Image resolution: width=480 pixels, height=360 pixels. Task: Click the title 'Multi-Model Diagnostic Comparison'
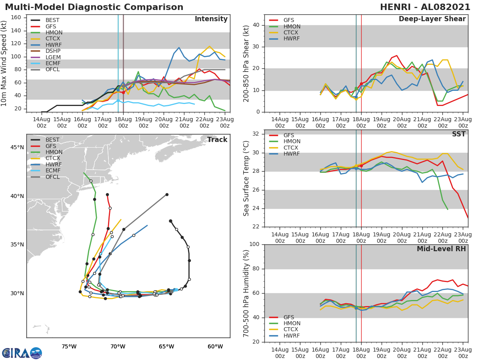click(x=94, y=7)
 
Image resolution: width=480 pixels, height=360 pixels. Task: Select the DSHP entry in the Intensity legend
click(x=54, y=51)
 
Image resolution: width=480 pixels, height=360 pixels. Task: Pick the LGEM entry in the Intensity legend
click(x=54, y=57)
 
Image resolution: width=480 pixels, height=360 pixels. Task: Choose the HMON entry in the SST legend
click(x=292, y=142)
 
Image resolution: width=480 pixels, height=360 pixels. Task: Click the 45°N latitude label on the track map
click(x=17, y=148)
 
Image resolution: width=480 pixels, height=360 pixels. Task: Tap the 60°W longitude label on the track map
click(x=215, y=346)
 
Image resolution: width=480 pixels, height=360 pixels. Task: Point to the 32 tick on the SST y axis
click(x=257, y=134)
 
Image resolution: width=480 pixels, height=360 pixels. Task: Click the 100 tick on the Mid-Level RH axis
click(x=256, y=244)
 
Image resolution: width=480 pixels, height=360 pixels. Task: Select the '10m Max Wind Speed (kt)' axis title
click(x=4, y=62)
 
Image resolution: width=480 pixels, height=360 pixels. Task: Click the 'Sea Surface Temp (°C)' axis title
click(x=246, y=178)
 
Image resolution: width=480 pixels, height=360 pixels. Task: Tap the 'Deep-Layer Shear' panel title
click(x=432, y=19)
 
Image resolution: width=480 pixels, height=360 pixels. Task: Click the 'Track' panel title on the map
click(x=217, y=140)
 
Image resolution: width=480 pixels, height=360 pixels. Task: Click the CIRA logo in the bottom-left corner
click(x=22, y=353)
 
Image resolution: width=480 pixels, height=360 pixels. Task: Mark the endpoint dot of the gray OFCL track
click(x=167, y=195)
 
